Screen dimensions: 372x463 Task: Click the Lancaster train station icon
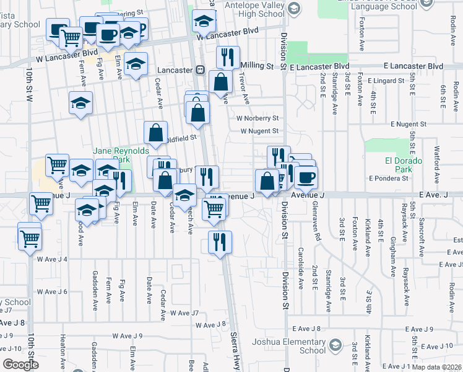[x=201, y=70]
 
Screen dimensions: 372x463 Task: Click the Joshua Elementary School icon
[x=335, y=343]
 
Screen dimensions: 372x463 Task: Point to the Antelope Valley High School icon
[x=293, y=8]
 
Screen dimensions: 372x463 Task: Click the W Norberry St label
[x=257, y=118]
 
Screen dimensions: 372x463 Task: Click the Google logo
[x=20, y=365]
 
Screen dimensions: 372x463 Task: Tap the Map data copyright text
[x=437, y=367]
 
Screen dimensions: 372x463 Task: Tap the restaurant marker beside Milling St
[x=228, y=57]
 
